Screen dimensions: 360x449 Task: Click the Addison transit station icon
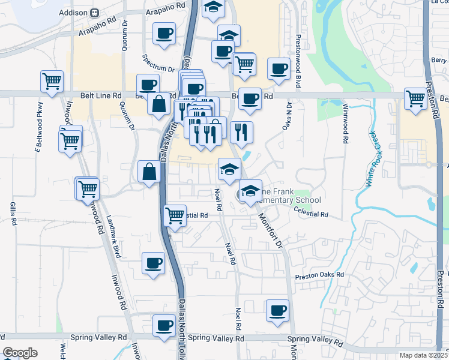(95, 13)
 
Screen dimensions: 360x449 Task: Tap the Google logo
(20, 353)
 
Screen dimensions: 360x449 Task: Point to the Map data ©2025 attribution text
(423, 355)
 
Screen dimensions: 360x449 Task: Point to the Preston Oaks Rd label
(319, 275)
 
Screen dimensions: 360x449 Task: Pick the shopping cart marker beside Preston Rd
(415, 98)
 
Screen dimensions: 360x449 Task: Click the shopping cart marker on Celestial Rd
(175, 214)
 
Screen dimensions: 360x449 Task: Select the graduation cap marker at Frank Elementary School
(250, 191)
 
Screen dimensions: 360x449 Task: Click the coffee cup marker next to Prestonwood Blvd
(278, 68)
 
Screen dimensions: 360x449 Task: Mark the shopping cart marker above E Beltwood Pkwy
(52, 80)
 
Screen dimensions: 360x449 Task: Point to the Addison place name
(74, 13)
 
